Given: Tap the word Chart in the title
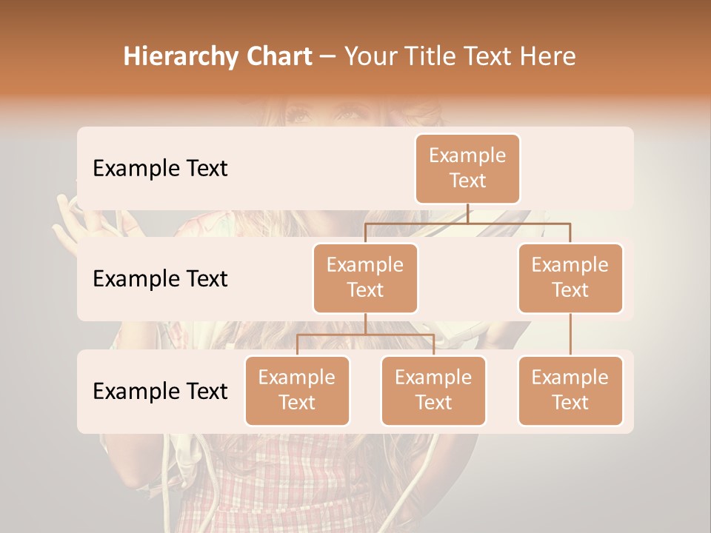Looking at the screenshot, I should [x=276, y=57].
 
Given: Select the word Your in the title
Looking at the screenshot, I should [x=370, y=57].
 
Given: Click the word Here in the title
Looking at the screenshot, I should [x=547, y=57].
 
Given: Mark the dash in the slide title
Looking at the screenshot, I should [x=328, y=57].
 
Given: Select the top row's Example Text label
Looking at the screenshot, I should [x=160, y=169].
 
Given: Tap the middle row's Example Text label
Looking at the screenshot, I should [x=160, y=279].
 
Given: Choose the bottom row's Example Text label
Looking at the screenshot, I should [x=160, y=392].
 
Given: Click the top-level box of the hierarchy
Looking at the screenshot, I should [x=467, y=169].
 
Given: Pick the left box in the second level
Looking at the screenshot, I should [x=365, y=278].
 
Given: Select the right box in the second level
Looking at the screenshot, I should [x=570, y=278].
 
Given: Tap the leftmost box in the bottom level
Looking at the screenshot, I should [x=297, y=391].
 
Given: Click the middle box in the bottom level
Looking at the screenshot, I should [x=433, y=391].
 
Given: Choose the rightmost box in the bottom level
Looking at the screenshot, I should [x=570, y=391].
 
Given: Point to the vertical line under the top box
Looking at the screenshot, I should [x=467, y=213].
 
